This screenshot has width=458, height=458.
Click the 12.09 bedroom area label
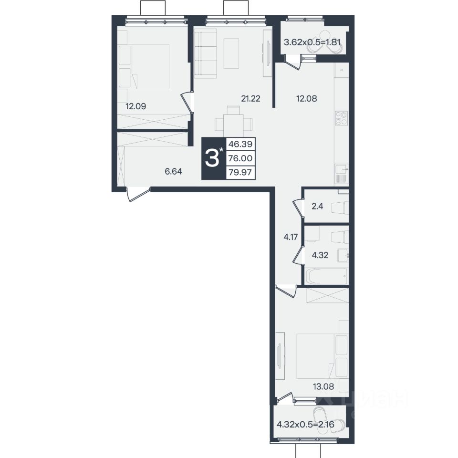point(136,106)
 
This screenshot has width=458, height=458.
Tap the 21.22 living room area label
point(250,99)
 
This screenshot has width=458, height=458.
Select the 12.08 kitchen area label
point(306,99)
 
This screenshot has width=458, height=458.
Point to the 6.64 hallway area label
point(173,171)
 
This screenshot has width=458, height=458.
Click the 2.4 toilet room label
point(317,207)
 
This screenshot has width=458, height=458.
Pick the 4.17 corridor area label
point(291,237)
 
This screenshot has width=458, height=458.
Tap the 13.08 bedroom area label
point(323,387)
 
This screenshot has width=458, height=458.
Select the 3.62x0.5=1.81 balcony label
point(312,42)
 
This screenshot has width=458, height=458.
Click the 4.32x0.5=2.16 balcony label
point(305,424)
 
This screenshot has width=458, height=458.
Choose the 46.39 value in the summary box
point(240,144)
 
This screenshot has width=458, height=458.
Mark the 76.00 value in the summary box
point(240,158)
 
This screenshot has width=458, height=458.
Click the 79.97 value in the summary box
point(240,172)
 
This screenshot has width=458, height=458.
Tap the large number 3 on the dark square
point(212,158)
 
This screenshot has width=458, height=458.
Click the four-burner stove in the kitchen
point(342,118)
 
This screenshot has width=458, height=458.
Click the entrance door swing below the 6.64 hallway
point(138,194)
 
